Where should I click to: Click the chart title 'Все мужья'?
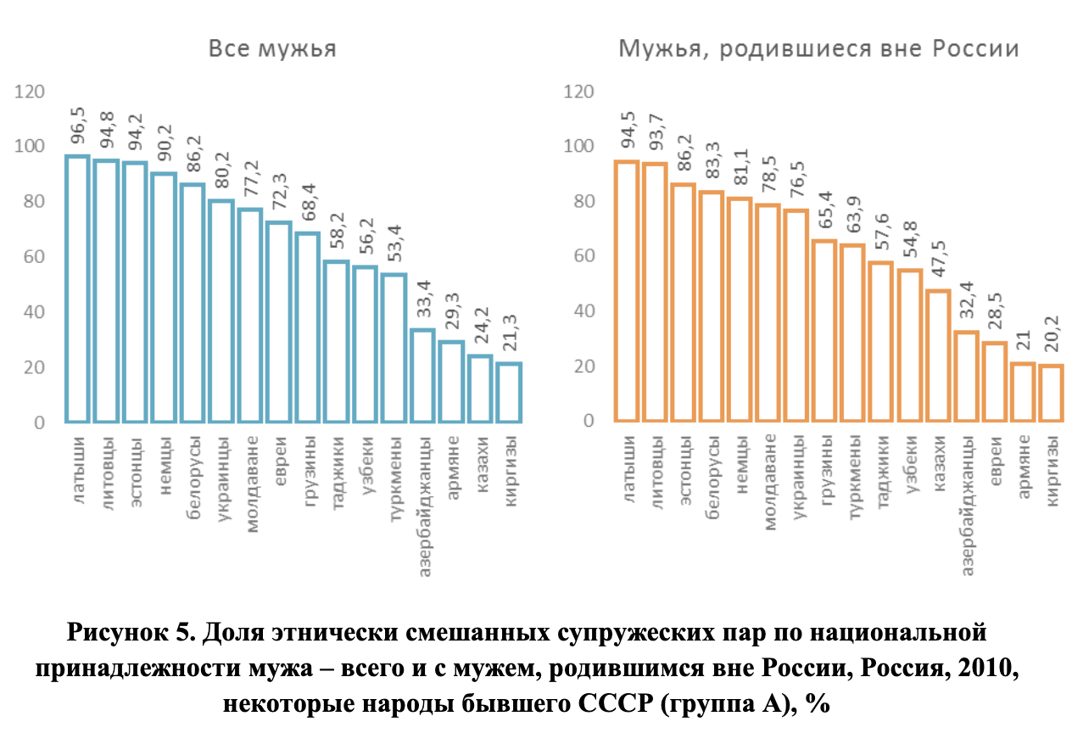[x=272, y=49]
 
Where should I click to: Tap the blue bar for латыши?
[x=77, y=288]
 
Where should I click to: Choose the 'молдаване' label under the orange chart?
[x=770, y=481]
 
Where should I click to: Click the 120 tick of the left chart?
[x=30, y=92]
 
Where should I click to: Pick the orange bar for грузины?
[x=824, y=331]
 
